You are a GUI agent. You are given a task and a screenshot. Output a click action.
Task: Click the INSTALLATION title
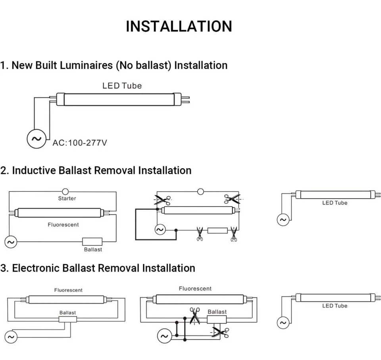(179, 26)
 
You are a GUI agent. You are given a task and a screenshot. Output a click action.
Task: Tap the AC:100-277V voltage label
(80, 143)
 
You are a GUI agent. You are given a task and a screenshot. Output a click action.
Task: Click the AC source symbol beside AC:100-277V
(37, 139)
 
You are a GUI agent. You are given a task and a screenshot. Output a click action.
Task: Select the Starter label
(67, 198)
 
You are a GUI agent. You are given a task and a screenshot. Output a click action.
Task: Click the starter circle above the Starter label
(65, 191)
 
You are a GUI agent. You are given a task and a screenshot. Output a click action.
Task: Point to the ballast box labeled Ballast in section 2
(92, 241)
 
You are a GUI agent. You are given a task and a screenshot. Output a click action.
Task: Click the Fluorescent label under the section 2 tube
(63, 224)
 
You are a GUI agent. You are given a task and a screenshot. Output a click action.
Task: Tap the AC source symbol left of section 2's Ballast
(11, 242)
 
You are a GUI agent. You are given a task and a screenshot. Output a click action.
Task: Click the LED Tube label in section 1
(122, 86)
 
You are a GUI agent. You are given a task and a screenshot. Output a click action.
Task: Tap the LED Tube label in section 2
(335, 203)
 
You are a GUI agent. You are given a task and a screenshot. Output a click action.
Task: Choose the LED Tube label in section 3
(335, 306)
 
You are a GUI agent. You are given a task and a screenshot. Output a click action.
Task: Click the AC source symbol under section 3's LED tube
(283, 323)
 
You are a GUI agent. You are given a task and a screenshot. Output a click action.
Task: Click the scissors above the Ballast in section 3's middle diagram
(194, 316)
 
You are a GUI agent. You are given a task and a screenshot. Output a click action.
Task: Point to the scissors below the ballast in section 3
(220, 333)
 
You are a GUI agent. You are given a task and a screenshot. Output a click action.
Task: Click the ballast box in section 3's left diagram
(68, 319)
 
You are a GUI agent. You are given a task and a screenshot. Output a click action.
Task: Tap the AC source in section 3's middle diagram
(164, 336)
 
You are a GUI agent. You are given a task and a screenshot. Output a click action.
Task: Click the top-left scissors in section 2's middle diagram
(163, 200)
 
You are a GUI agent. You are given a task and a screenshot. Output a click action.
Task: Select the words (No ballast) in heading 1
(144, 65)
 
